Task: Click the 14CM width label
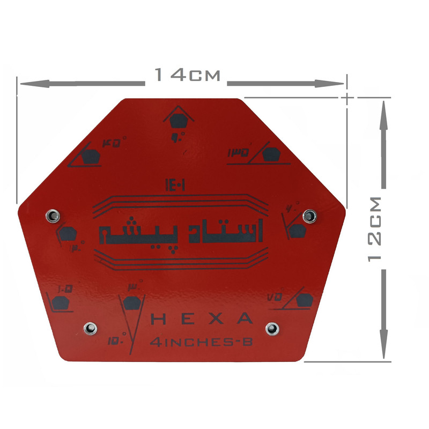pos(187,75)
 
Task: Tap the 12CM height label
pos(375,228)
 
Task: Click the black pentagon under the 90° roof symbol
pos(177,121)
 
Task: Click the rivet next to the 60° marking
pos(309,216)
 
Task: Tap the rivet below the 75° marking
pos(272,328)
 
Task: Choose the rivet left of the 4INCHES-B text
pos(90,328)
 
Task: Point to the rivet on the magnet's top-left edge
pos(52,216)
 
